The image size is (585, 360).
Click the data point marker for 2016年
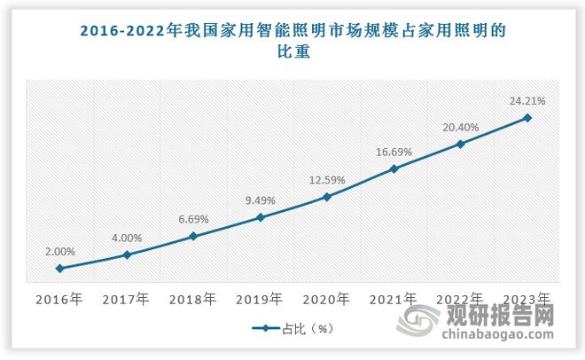(59, 268)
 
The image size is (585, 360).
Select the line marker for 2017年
(126, 254)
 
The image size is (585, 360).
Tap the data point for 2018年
(193, 236)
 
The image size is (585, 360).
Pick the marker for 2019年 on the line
(260, 216)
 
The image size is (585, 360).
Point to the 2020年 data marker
(327, 196)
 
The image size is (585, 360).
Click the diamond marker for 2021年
(394, 168)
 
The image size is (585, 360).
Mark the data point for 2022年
(460, 143)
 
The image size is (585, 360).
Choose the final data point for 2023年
(527, 117)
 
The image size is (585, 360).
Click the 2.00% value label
(59, 252)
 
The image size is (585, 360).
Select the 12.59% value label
(327, 180)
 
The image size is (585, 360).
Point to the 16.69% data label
(394, 153)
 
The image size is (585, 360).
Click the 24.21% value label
(527, 101)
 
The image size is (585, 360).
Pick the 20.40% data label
(460, 127)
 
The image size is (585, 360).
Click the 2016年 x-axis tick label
(59, 299)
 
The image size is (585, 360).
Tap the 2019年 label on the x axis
(260, 299)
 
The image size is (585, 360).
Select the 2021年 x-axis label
(394, 299)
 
